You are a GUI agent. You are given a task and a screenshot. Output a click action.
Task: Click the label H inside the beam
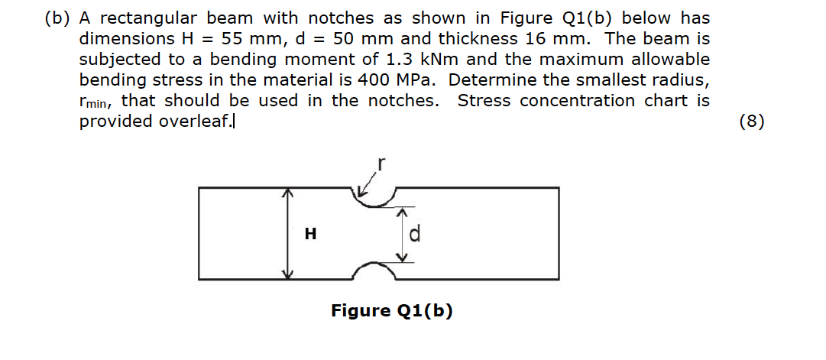pyautogui.click(x=311, y=233)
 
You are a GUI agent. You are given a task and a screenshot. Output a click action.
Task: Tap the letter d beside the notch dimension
pyautogui.click(x=415, y=233)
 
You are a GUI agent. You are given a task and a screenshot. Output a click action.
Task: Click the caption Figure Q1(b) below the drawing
pyautogui.click(x=391, y=311)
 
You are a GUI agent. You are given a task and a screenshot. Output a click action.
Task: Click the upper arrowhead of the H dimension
pyautogui.click(x=287, y=193)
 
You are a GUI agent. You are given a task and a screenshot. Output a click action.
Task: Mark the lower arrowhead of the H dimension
pyautogui.click(x=287, y=274)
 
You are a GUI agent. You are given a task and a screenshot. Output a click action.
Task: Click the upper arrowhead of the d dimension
pyautogui.click(x=403, y=212)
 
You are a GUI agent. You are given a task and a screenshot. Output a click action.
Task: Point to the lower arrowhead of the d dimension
pyautogui.click(x=403, y=258)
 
